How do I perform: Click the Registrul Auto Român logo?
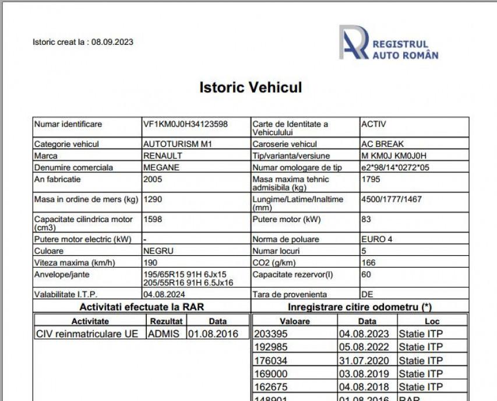389,43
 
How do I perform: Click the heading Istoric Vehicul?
251,88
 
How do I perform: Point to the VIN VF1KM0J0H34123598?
185,124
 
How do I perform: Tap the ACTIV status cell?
373,124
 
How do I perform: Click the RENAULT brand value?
163,156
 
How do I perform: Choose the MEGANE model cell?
161,167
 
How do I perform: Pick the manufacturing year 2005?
153,179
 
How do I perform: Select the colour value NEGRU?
158,251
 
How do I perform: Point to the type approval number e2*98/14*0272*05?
395,167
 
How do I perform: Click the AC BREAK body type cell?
382,144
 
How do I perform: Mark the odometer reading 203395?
272,333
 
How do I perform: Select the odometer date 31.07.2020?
359,361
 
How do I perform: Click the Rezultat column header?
166,321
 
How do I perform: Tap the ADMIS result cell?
164,333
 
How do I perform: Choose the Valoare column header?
294,321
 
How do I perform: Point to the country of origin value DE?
367,294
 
